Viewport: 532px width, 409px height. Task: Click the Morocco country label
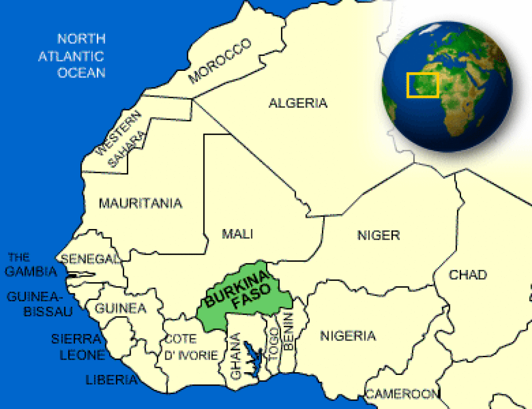pyautogui.click(x=220, y=61)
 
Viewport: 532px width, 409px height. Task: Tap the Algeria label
pyautogui.click(x=298, y=103)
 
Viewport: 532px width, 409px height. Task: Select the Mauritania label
pyautogui.click(x=140, y=203)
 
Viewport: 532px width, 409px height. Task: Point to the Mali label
pyautogui.click(x=237, y=233)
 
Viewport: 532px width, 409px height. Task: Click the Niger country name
pyautogui.click(x=378, y=235)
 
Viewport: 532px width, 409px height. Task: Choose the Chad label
pyautogui.click(x=468, y=275)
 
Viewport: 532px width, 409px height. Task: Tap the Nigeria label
pyautogui.click(x=348, y=336)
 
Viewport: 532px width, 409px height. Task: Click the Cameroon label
pyautogui.click(x=402, y=393)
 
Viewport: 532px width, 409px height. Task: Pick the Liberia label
pyautogui.click(x=111, y=380)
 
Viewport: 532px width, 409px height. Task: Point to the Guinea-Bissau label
pyautogui.click(x=40, y=304)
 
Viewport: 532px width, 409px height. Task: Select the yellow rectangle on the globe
pyautogui.click(x=422, y=85)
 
